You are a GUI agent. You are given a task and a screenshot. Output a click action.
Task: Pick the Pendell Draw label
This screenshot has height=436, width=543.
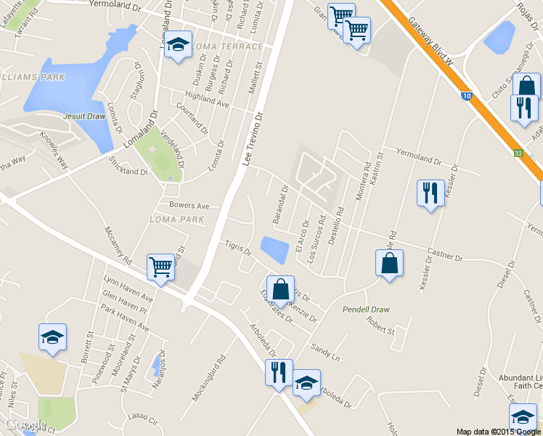tap(366, 310)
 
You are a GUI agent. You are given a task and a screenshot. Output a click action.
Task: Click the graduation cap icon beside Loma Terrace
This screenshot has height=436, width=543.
tap(178, 45)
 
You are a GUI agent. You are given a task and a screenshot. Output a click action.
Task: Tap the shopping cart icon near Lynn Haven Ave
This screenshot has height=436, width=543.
tap(160, 266)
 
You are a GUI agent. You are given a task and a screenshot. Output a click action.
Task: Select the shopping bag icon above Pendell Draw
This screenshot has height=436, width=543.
tap(389, 263)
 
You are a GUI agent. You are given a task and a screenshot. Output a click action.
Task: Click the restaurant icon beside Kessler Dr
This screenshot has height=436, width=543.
tap(430, 193)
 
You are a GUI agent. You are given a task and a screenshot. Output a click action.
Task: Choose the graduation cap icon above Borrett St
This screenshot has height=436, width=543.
tap(52, 336)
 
